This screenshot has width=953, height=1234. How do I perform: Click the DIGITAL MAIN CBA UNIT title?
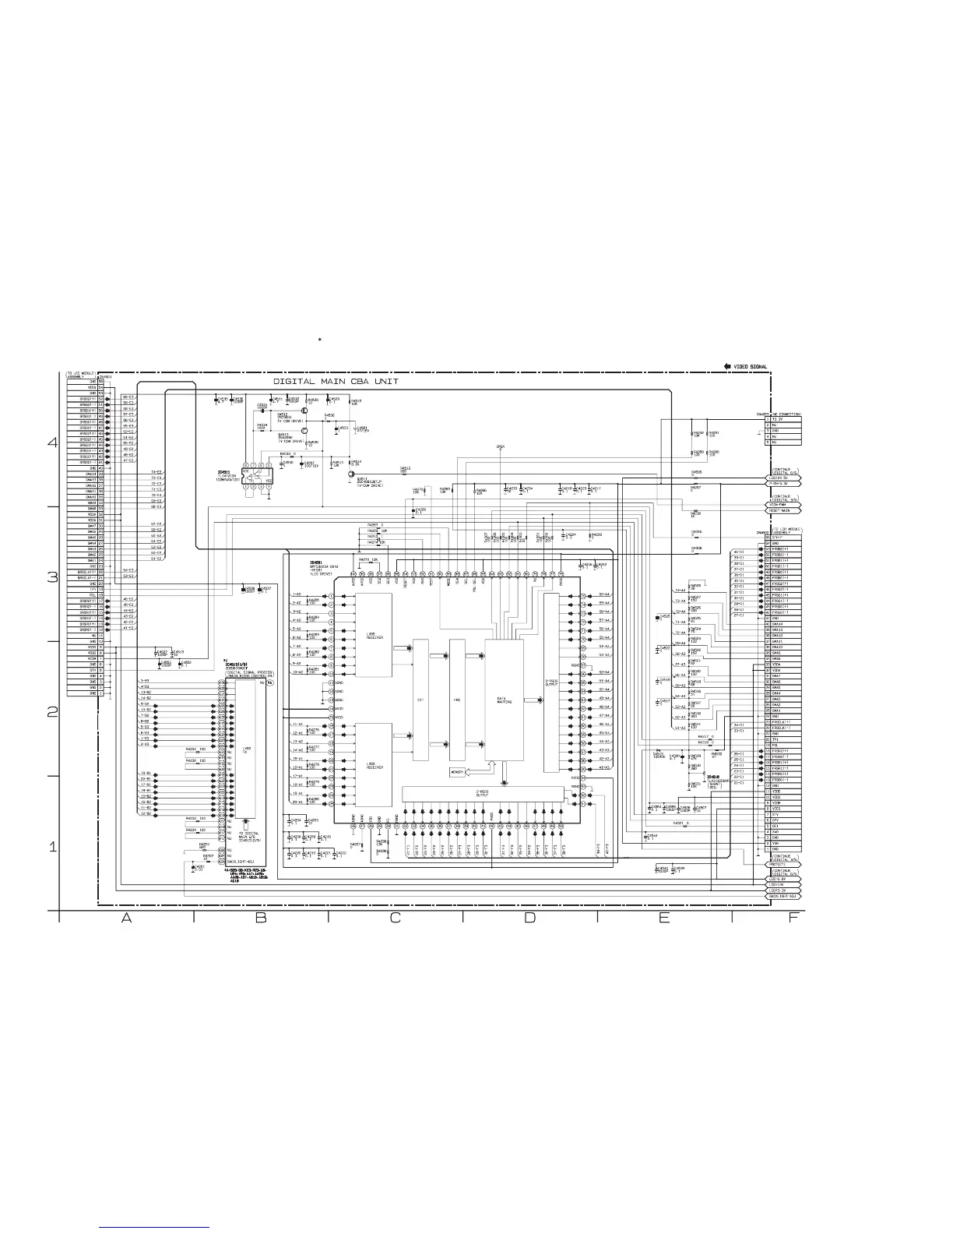[x=336, y=382]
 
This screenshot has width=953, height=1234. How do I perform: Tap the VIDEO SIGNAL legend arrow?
[x=727, y=365]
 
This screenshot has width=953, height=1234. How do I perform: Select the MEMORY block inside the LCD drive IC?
[x=457, y=772]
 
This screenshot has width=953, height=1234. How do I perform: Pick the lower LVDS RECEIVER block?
[x=374, y=765]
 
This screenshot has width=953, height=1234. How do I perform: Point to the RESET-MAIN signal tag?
[x=783, y=511]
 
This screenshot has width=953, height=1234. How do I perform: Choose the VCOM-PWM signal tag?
[x=782, y=505]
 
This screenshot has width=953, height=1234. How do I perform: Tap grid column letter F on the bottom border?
[x=793, y=918]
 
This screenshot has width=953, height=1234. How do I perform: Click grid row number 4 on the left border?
[x=53, y=442]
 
